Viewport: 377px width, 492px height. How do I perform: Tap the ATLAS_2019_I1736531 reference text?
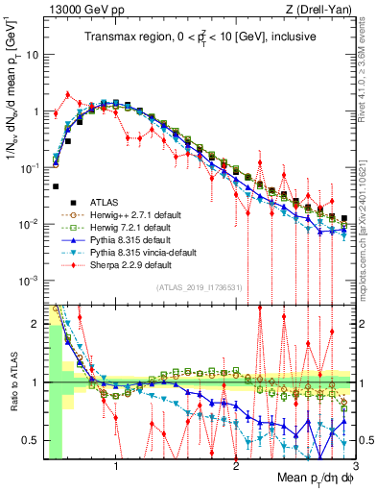pyautogui.click(x=200, y=286)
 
